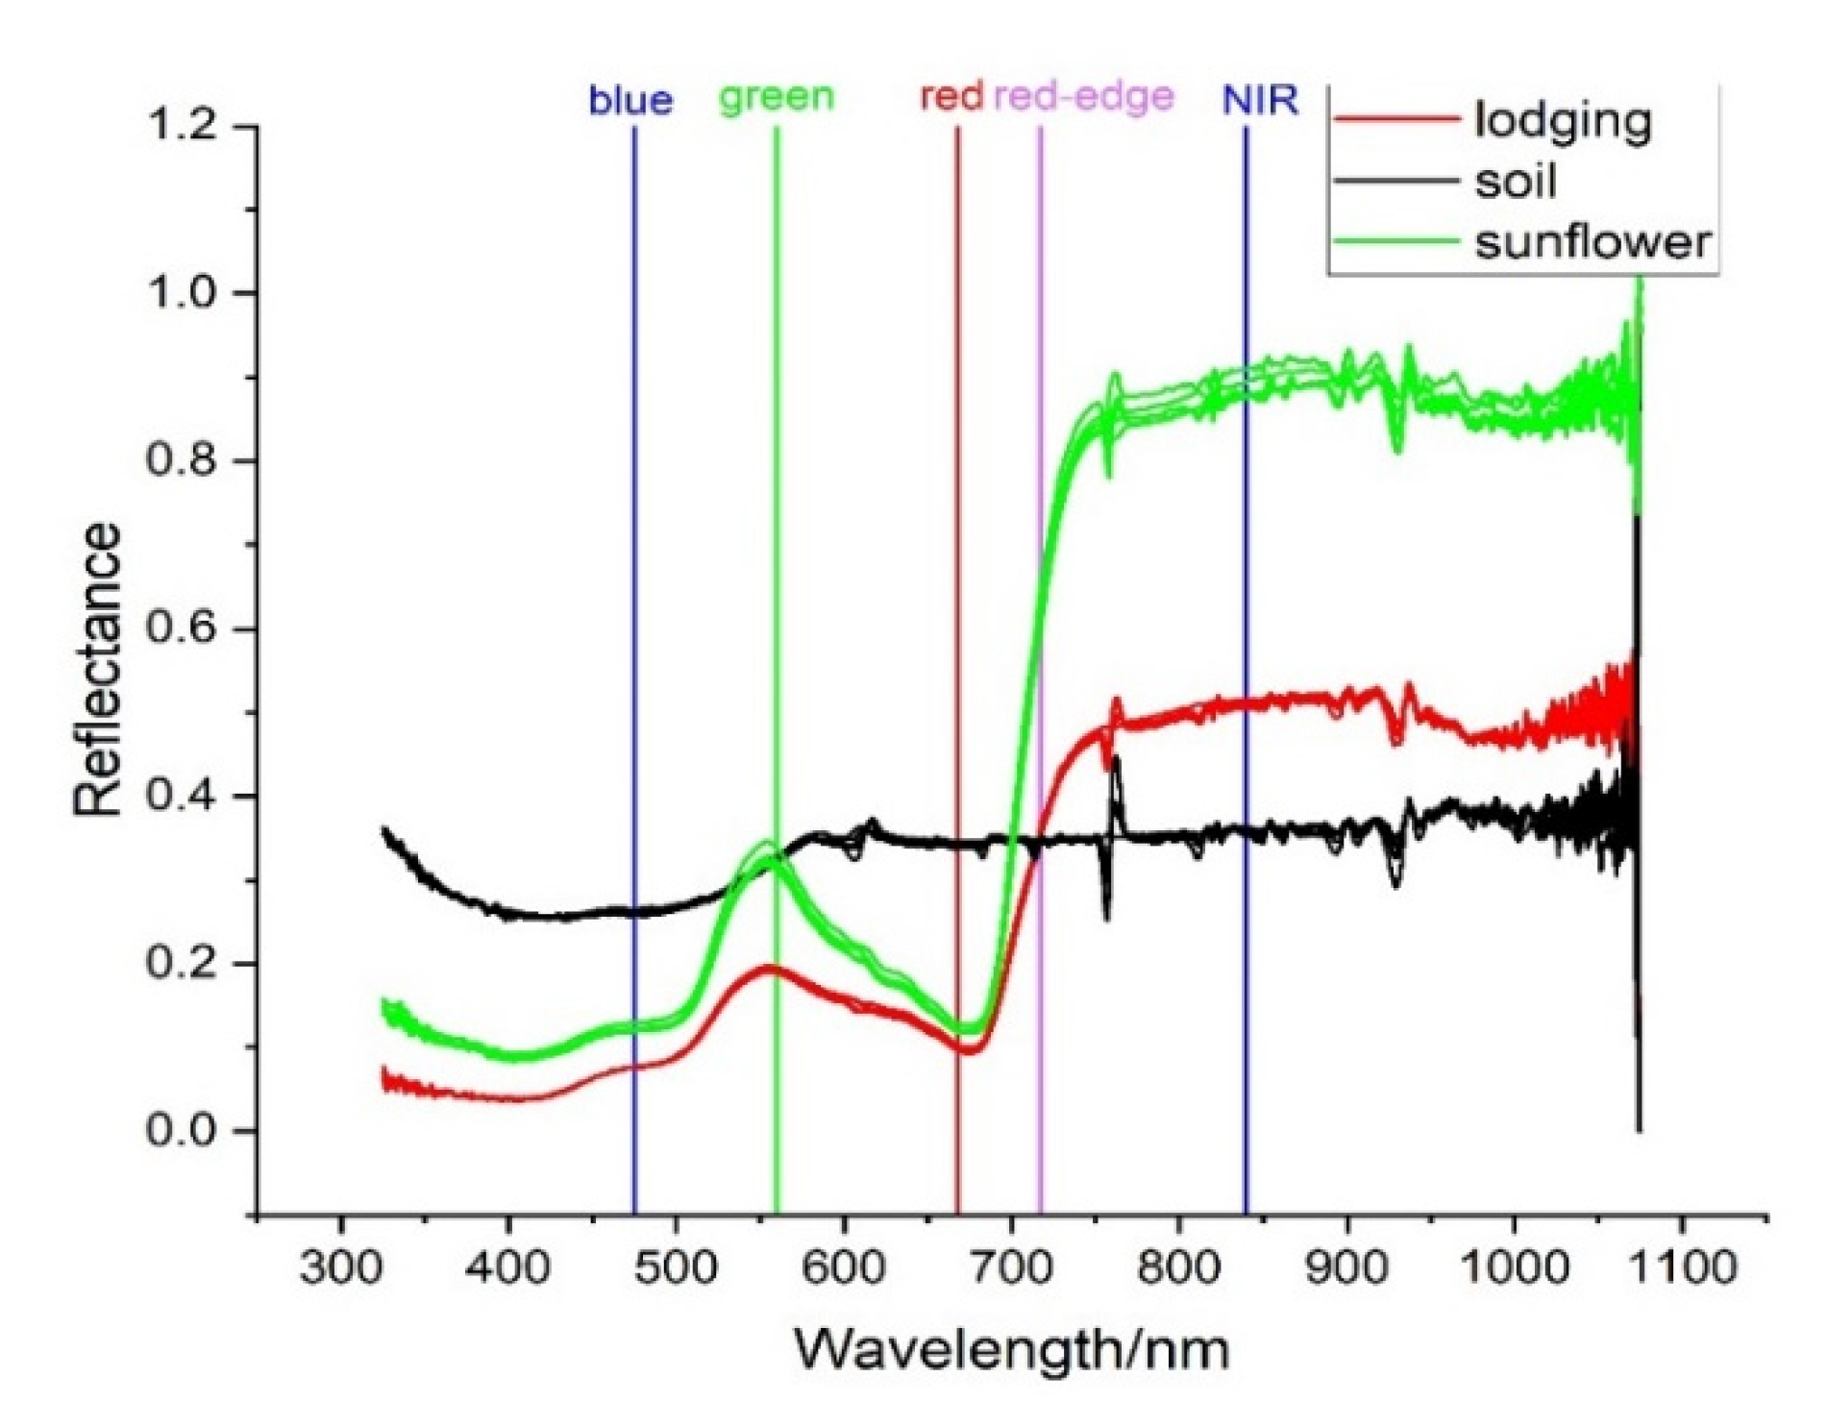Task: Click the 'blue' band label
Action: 630,100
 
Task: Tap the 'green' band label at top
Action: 777,97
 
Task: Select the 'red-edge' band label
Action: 1083,97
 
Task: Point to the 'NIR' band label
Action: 1260,99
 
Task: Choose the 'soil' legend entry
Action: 1516,181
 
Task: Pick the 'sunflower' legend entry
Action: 1592,241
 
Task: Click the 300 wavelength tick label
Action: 340,1267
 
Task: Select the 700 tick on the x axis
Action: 1011,1267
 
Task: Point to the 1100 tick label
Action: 1681,1267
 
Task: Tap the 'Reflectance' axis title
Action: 98,670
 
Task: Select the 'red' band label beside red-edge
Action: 951,97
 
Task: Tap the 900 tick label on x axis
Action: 1346,1267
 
